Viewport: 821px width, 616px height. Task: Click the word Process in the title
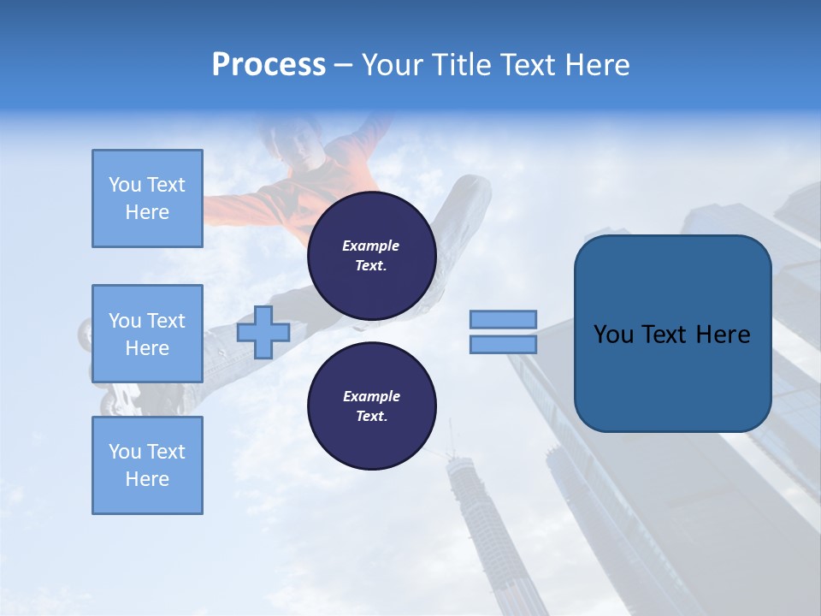point(269,65)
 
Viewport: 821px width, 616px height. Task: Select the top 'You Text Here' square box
point(147,198)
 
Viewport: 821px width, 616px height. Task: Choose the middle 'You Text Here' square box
point(147,334)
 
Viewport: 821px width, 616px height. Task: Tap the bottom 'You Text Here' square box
point(147,465)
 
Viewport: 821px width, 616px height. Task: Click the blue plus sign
point(263,332)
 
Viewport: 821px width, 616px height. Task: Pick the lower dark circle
point(371,406)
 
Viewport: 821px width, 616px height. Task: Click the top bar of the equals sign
point(504,319)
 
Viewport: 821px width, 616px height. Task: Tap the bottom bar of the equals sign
point(504,345)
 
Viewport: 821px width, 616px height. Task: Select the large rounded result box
point(672,334)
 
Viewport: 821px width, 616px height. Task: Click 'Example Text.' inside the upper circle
point(371,255)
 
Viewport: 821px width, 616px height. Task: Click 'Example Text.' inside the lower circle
point(371,406)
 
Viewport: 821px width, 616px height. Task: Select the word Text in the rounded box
point(663,335)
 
